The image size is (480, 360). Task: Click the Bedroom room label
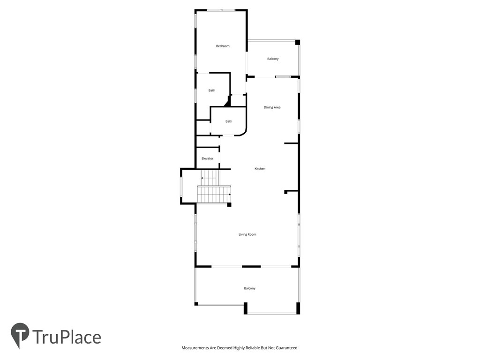click(x=223, y=46)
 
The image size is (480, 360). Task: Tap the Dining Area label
click(x=272, y=108)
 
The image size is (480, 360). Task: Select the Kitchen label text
click(x=260, y=169)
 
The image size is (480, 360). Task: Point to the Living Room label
click(x=247, y=234)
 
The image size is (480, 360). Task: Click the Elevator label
click(x=207, y=158)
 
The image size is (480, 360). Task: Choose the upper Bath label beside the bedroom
click(x=212, y=90)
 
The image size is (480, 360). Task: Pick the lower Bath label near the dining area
click(x=229, y=121)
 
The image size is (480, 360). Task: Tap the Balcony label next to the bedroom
click(x=273, y=59)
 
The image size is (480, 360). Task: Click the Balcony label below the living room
click(x=250, y=288)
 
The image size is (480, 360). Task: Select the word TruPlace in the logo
click(x=67, y=337)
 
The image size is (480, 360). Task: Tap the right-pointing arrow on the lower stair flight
click(x=229, y=194)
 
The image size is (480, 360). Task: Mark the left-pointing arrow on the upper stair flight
click(x=202, y=178)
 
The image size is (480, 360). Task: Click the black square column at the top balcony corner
click(x=297, y=42)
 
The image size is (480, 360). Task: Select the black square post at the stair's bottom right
click(x=229, y=204)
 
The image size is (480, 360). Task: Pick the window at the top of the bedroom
click(x=221, y=10)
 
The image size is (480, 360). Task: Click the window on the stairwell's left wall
click(x=181, y=186)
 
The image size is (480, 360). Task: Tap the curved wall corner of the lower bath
click(x=243, y=132)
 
